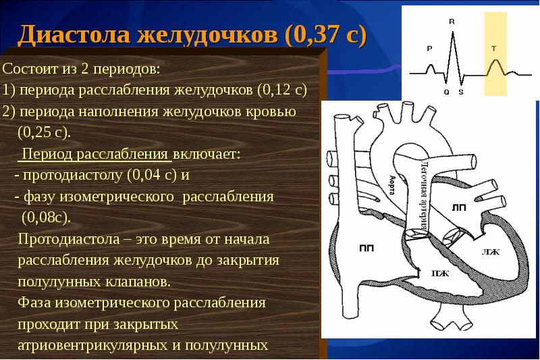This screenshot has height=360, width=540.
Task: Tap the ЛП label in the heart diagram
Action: (459, 207)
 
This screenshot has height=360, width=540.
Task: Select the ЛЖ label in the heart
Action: (490, 251)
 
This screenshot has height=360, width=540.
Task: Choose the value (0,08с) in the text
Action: (45, 218)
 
